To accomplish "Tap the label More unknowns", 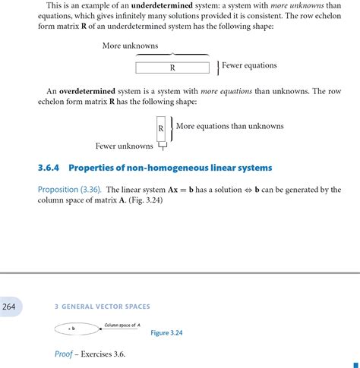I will (130, 46).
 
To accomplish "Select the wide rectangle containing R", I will (172, 68).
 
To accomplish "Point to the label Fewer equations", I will (249, 65).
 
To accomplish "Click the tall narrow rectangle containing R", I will (161, 128).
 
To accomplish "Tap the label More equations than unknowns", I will (229, 126).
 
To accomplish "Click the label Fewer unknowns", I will (124, 146).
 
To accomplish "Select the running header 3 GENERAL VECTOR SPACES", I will (103, 307).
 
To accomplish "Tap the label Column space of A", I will (122, 325).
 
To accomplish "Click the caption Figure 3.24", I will (166, 332).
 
